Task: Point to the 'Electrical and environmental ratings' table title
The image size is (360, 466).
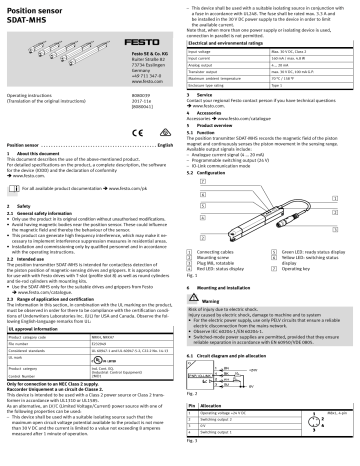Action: click(228, 45)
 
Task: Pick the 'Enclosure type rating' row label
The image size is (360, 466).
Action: click(217, 87)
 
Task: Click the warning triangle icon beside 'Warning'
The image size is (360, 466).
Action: click(196, 271)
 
